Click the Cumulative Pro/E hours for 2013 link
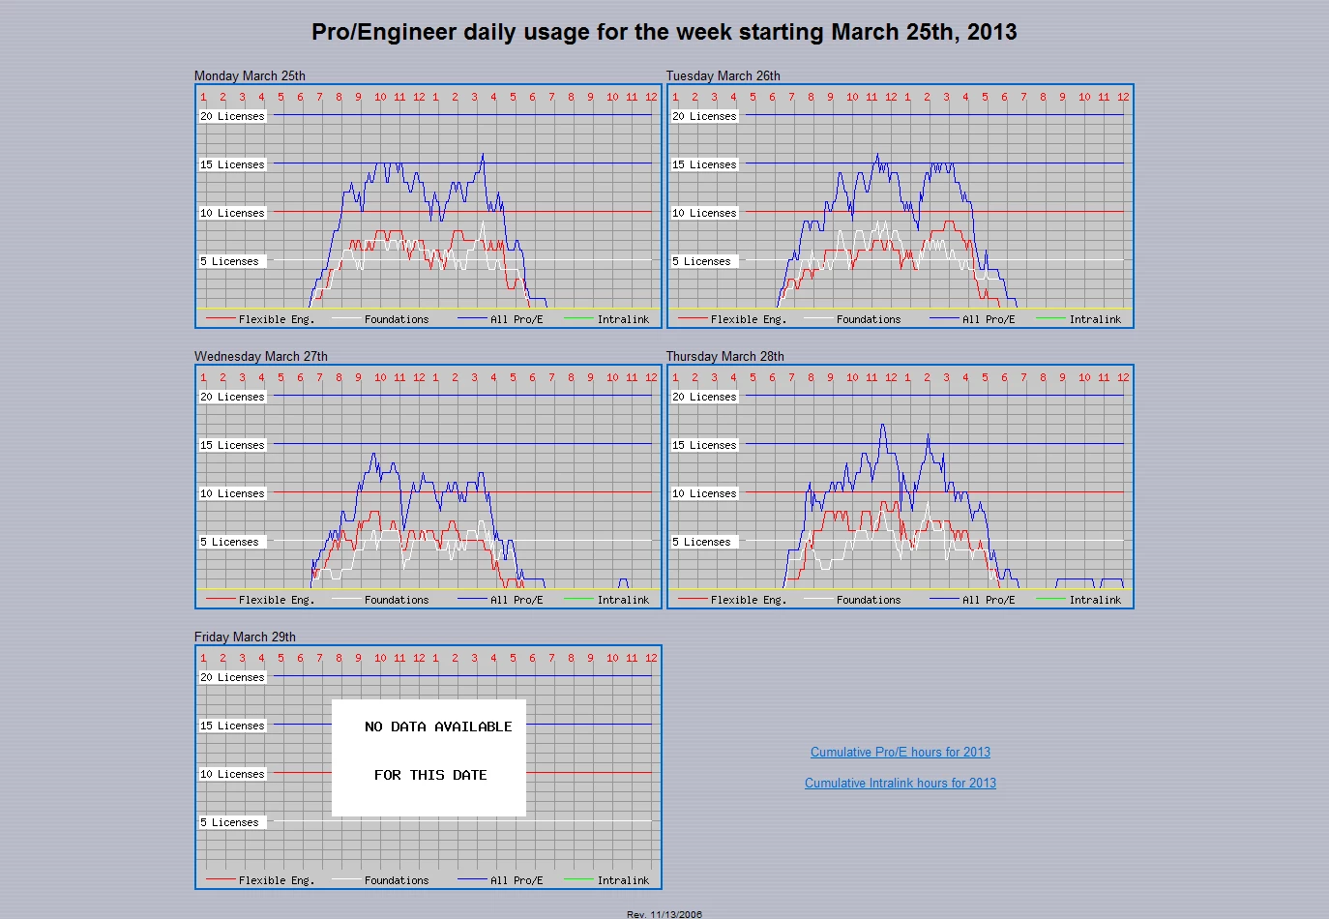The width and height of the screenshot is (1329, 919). coord(900,753)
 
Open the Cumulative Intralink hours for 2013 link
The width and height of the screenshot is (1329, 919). coord(900,784)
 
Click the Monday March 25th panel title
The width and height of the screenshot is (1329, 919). coord(250,75)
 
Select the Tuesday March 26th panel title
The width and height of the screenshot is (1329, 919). coord(723,75)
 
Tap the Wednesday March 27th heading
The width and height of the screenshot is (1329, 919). coord(260,356)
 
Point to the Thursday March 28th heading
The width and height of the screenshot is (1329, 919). coord(724,356)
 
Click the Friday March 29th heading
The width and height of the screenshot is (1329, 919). coord(245,637)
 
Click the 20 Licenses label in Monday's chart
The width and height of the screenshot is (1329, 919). coord(232,116)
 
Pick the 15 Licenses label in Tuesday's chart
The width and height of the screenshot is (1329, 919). coord(704,164)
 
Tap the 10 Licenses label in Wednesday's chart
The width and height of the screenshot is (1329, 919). coord(232,493)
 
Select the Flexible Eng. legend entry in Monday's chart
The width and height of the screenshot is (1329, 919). coord(276,319)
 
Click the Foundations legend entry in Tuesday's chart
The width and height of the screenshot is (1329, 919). coord(868,319)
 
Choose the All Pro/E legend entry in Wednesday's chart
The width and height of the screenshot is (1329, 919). coord(517,600)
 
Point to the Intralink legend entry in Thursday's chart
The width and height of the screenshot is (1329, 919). coord(1095,600)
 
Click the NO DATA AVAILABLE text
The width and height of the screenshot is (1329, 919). coord(438,726)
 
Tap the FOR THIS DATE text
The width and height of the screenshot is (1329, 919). coord(430,775)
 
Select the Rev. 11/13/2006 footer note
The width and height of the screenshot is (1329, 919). coord(664,914)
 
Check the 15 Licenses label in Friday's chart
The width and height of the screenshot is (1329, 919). coord(232,726)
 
